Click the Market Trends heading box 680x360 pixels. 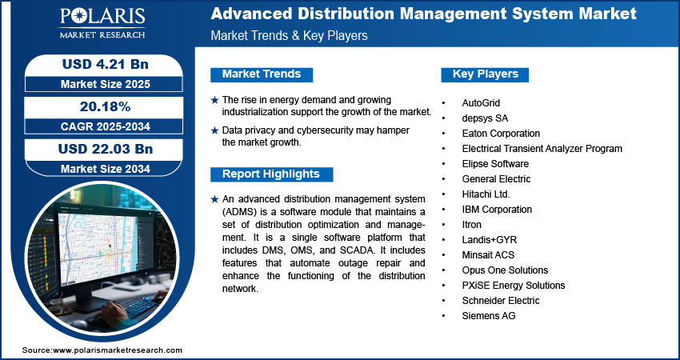point(262,74)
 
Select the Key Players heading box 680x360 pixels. point(486,74)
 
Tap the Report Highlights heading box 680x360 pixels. point(271,174)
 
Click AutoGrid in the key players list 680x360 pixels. point(481,103)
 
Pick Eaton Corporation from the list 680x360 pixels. point(501,134)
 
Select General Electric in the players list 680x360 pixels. point(496,179)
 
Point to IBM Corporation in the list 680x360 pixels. point(497,210)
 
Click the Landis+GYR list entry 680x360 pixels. point(490,240)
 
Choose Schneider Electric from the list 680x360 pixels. point(501,301)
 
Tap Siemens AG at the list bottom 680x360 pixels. point(489,316)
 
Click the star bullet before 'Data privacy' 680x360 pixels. point(214,130)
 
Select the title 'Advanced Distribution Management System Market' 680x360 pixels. point(424,14)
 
